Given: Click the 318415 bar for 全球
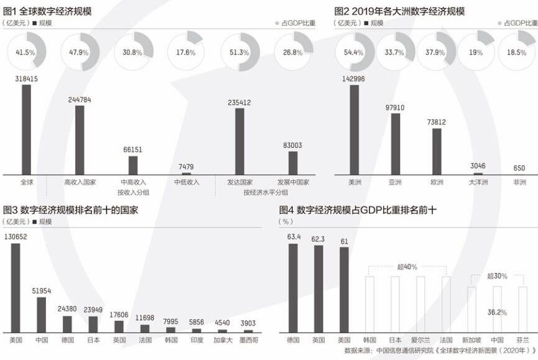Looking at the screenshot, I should coord(26,129).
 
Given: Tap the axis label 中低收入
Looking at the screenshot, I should coord(187,182).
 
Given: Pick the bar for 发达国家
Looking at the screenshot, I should coord(239,141).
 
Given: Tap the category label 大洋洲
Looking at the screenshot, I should coord(478,182).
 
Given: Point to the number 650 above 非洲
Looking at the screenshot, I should coord(519,168).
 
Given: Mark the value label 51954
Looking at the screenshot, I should coord(40,291).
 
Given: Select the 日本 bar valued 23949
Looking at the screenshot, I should coord(93,324).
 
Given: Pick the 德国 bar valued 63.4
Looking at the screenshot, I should coord(292,288).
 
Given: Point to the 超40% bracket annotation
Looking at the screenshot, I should coord(407,267).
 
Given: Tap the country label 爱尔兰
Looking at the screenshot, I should coord(420,340).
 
